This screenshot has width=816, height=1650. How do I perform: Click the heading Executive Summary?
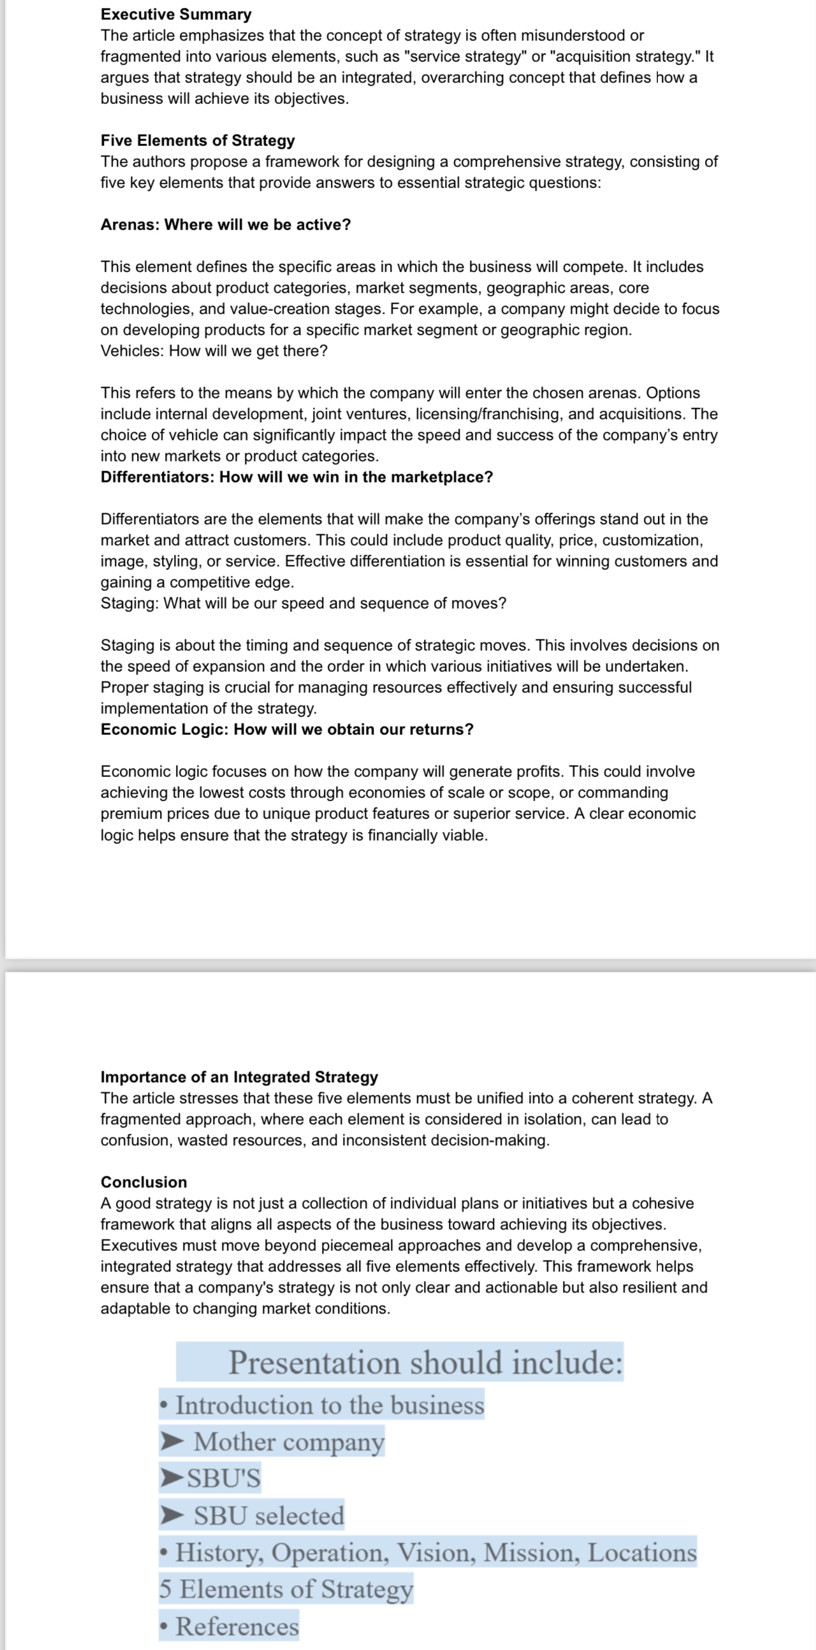pos(175,14)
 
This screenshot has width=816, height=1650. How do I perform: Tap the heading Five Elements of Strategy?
pos(197,140)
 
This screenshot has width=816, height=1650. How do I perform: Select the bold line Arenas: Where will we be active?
pos(226,225)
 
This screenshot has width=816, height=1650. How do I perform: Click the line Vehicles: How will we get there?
pos(214,351)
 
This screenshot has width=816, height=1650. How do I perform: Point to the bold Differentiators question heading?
pos(296,477)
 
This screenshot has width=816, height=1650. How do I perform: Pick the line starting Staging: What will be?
pos(303,604)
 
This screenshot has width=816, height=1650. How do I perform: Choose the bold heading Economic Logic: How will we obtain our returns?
pos(287,730)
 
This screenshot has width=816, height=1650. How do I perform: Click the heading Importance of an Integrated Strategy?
pos(239,1076)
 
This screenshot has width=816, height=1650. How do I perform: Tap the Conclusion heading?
pos(143,1182)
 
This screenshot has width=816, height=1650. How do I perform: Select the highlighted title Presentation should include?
pos(425,1363)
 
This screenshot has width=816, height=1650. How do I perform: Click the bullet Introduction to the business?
pos(329,1405)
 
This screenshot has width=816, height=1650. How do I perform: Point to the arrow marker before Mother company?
pos(171,1441)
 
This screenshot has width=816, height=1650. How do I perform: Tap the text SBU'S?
pos(224,1479)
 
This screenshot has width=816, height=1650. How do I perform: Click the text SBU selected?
pos(268,1516)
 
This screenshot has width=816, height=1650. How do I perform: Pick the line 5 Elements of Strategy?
pos(286,1589)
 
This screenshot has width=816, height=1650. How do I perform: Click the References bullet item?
pos(237,1626)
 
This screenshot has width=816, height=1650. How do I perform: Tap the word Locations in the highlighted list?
pos(642,1552)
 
